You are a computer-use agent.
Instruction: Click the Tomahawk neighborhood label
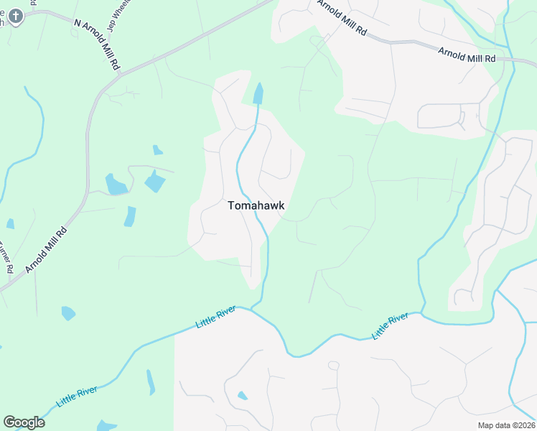pos(256,205)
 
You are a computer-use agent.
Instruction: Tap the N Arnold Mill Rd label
pos(98,44)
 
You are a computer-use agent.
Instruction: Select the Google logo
pos(24,422)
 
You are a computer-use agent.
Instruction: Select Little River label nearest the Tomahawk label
pos(215,317)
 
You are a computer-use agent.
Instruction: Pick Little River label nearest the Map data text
pos(390,327)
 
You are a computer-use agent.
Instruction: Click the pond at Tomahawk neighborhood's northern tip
pos(258,93)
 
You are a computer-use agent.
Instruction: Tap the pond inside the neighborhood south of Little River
pos(243,396)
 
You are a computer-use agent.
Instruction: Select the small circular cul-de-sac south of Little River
pos(333,366)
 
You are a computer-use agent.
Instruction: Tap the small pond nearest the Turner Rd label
pos(10,224)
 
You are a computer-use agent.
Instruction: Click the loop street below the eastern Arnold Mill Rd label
pos(448,116)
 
